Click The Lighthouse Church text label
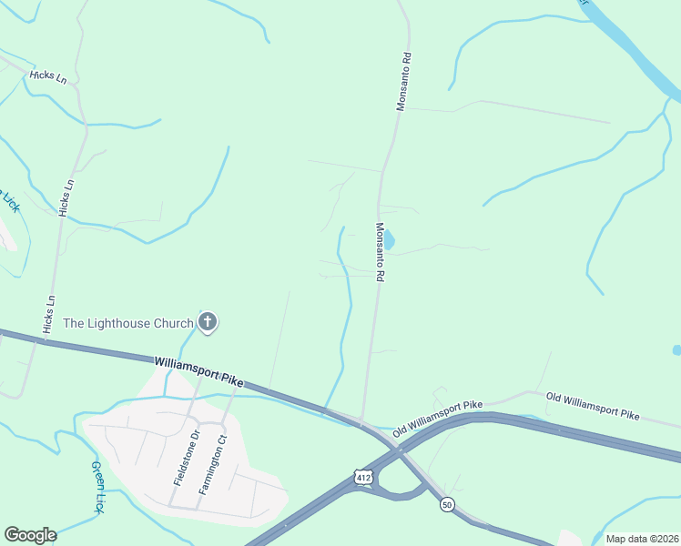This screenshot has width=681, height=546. pyautogui.click(x=127, y=323)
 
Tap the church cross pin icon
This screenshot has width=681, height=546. pyautogui.click(x=208, y=321)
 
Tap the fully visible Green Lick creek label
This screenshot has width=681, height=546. pyautogui.click(x=98, y=488)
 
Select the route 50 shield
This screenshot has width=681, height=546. pyautogui.click(x=446, y=504)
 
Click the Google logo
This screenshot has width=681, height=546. pyautogui.click(x=30, y=534)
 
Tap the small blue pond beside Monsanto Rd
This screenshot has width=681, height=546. pyautogui.click(x=389, y=240)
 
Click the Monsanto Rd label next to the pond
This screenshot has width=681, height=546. pyautogui.click(x=380, y=252)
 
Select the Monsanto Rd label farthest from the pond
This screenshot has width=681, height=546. pyautogui.click(x=402, y=81)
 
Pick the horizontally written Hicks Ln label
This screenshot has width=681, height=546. pyautogui.click(x=48, y=77)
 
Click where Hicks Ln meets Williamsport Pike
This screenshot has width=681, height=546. pyautogui.click(x=42, y=340)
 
